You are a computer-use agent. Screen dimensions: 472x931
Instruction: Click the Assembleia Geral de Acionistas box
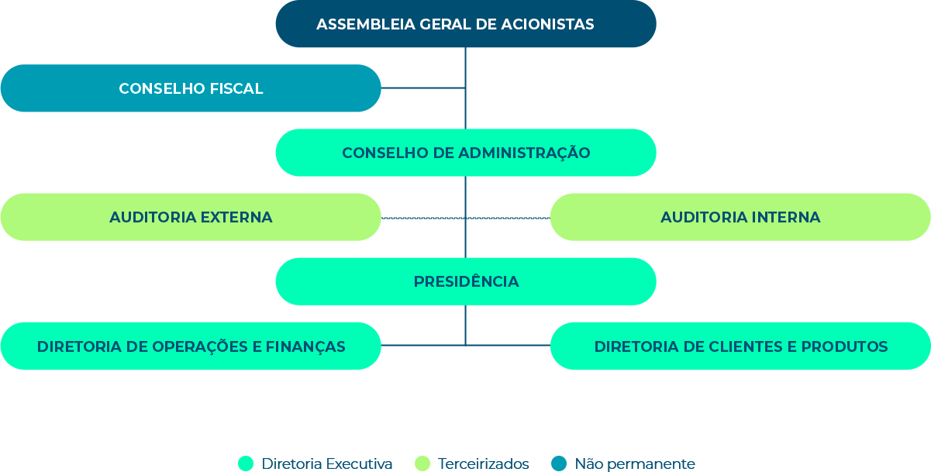tap(465, 24)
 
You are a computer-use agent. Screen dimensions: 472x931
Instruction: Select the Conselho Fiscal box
tap(191, 88)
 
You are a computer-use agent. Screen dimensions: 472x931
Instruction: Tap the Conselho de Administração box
tap(465, 153)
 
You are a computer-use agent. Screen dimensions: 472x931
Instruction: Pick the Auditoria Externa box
tap(191, 217)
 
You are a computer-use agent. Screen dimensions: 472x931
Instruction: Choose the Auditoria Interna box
tap(740, 217)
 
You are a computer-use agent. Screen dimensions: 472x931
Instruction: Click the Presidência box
tap(465, 281)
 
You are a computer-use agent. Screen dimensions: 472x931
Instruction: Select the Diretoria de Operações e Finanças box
tap(191, 346)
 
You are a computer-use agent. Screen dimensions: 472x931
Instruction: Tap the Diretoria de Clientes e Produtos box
tap(740, 346)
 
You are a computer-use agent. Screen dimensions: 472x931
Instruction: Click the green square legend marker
tap(246, 463)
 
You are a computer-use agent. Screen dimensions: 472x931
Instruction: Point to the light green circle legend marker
tap(422, 463)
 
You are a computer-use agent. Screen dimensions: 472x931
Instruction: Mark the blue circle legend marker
tap(559, 463)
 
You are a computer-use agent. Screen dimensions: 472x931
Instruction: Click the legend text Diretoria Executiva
tap(327, 464)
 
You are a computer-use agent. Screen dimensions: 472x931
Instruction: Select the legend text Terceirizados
tap(483, 464)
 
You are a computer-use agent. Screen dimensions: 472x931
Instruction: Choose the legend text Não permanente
tap(634, 464)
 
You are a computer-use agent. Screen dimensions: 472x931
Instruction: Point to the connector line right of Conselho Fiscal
tap(422, 88)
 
